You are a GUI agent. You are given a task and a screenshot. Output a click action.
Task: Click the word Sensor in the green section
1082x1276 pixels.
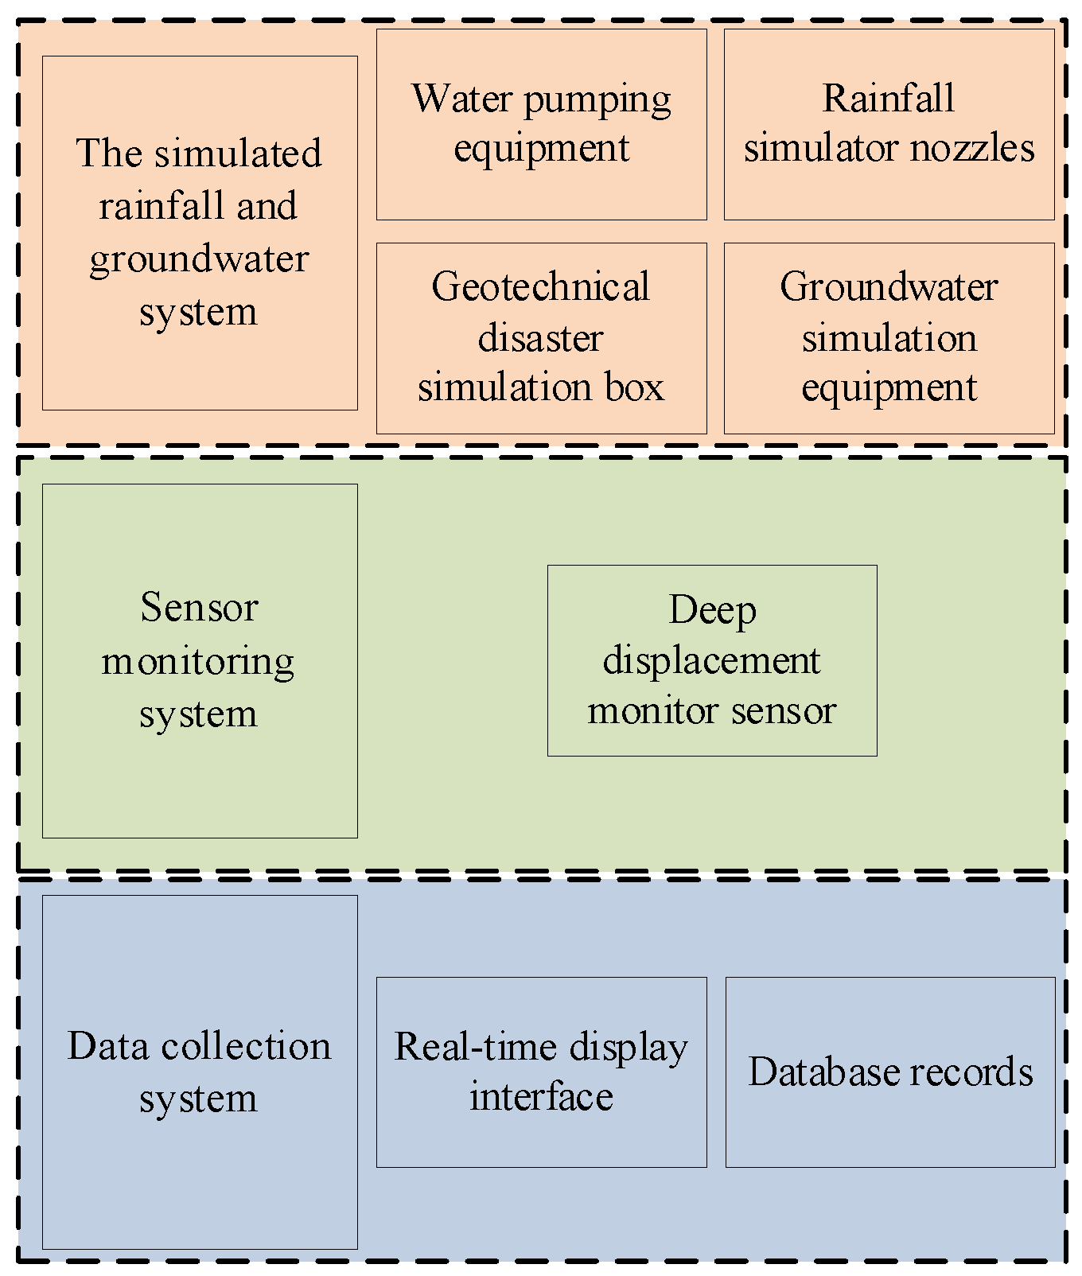(199, 608)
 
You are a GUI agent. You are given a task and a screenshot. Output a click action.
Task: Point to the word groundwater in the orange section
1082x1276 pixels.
(199, 259)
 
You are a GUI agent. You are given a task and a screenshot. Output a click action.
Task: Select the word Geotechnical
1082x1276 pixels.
(541, 287)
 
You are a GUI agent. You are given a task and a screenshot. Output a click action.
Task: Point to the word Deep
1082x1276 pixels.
(712, 611)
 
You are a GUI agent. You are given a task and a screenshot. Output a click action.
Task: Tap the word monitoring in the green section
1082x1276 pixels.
(199, 661)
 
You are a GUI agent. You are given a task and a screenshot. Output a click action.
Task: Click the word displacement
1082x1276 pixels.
(712, 661)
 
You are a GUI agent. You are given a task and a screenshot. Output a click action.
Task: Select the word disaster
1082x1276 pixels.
(541, 338)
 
